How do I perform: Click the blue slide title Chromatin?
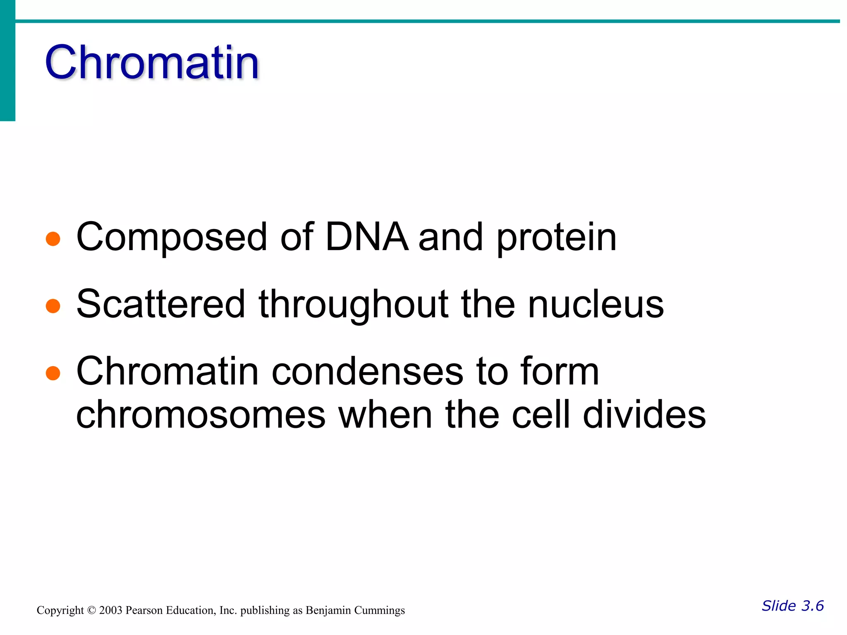[x=152, y=63]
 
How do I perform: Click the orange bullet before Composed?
[x=53, y=239]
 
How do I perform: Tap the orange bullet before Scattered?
[x=53, y=306]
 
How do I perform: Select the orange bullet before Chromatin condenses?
[x=53, y=373]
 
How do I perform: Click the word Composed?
[x=172, y=238]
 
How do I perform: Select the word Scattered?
[x=161, y=304]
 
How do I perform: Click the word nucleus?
[x=596, y=305]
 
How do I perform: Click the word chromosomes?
[x=201, y=415]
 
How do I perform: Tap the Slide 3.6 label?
[x=792, y=606]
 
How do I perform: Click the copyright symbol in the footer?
[x=91, y=611]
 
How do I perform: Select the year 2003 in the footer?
[x=110, y=611]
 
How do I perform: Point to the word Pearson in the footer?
[x=144, y=611]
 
